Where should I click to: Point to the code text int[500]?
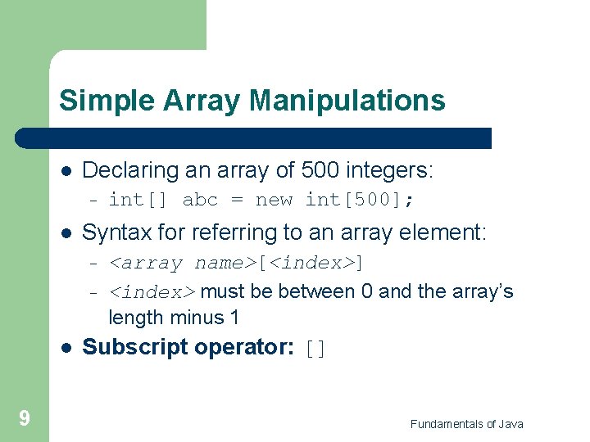[360, 200]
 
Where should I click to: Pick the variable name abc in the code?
[200, 200]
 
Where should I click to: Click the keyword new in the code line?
[274, 200]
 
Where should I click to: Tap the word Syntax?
[111, 233]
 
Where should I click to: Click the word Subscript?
[134, 348]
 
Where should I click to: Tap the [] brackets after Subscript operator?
[315, 350]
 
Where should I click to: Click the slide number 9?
[25, 419]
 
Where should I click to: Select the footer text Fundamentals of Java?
[466, 424]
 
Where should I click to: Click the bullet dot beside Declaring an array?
[66, 172]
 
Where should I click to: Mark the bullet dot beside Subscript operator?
[66, 348]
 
